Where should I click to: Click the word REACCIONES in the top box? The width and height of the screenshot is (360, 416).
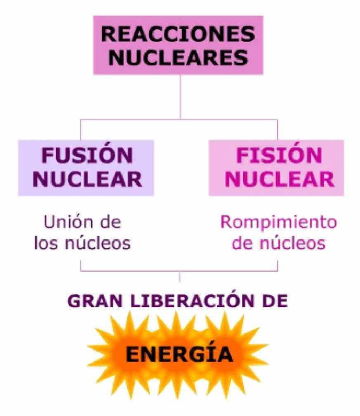click(178, 34)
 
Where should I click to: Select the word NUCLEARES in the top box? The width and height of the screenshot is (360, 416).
click(178, 58)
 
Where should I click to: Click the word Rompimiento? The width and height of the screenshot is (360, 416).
click(278, 222)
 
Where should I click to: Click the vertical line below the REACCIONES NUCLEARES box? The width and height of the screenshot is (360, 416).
click(180, 97)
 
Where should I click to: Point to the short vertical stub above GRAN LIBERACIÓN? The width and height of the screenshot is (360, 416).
click(179, 277)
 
